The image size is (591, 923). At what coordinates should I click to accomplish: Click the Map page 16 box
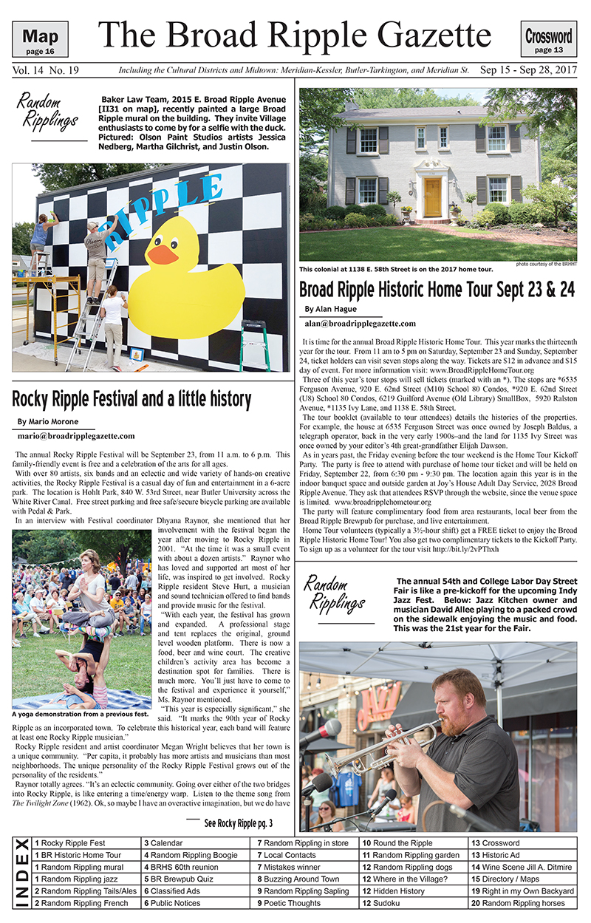tap(40, 40)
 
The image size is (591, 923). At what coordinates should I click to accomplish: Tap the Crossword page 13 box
tap(548, 40)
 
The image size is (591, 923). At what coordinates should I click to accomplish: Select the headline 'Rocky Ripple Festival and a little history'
tap(131, 399)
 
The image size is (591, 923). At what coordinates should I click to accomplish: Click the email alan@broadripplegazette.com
tap(360, 324)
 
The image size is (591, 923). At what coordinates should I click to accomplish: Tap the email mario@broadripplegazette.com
tap(77, 436)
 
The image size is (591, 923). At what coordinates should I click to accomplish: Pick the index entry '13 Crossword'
tap(496, 843)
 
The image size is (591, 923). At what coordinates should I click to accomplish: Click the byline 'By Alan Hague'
tap(330, 308)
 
